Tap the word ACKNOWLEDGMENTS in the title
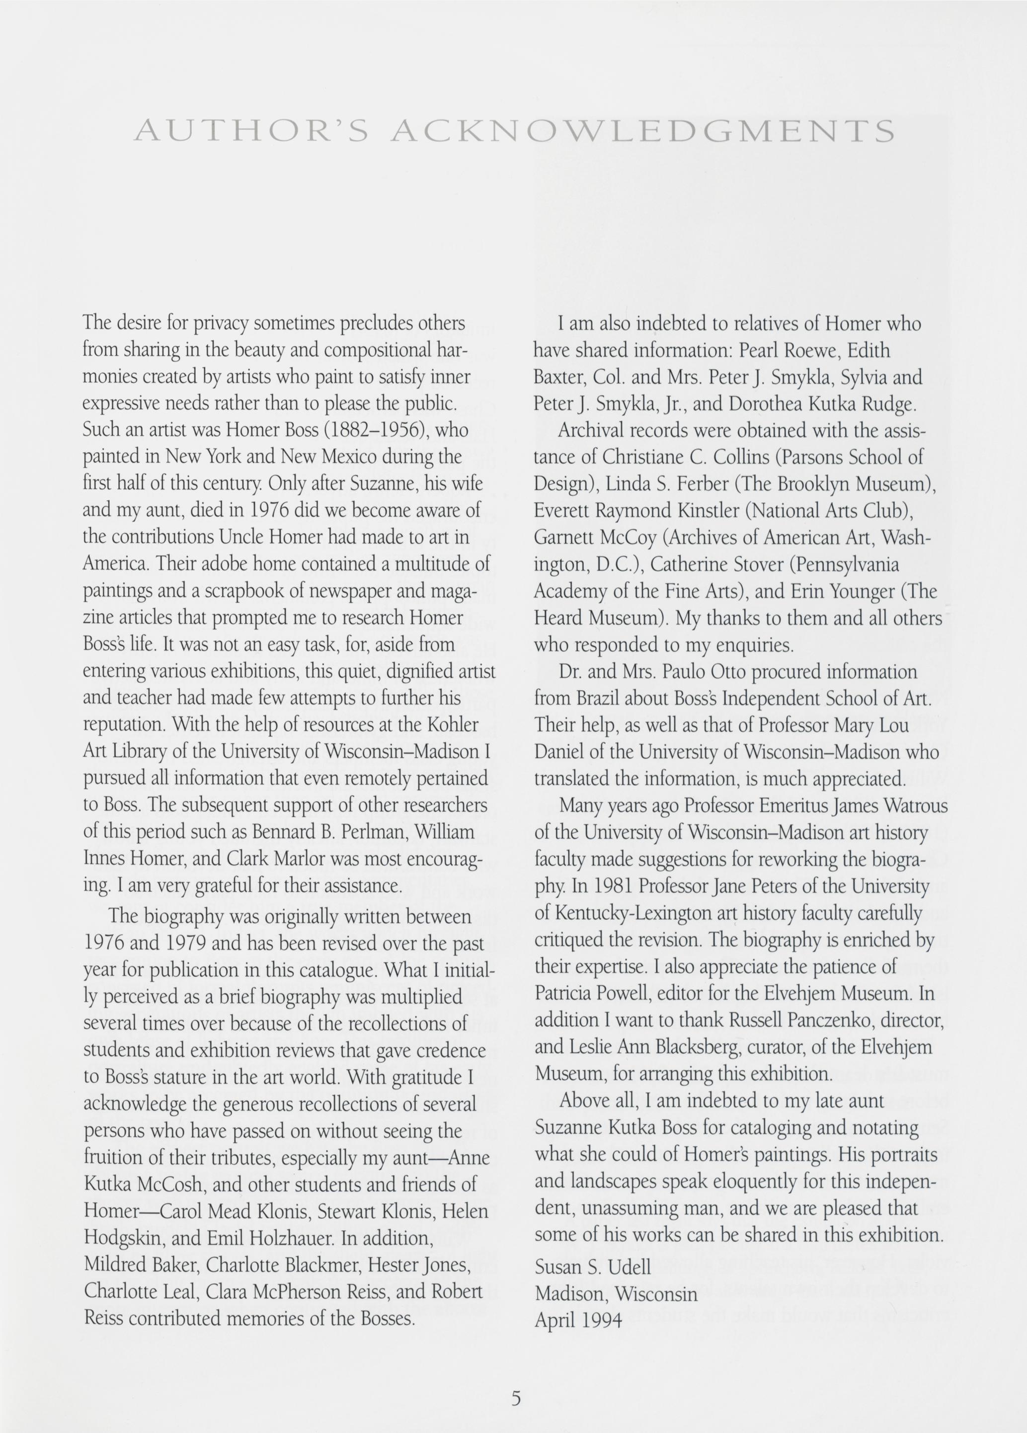[642, 131]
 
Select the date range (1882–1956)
[377, 430]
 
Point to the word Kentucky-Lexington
[636, 913]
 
